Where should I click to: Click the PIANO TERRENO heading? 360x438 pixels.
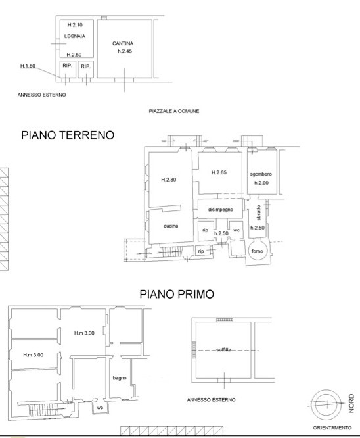[x=68, y=135]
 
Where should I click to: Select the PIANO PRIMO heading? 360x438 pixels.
[x=177, y=294]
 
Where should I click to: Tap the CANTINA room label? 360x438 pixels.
[x=123, y=43]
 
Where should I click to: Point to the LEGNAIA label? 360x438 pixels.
[x=75, y=36]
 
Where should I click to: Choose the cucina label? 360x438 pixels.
[x=171, y=226]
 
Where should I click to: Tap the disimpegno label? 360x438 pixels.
[x=221, y=210]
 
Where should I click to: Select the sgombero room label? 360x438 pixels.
[x=261, y=174]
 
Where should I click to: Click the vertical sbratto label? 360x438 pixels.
[x=258, y=213]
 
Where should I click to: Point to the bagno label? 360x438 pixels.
[x=120, y=378]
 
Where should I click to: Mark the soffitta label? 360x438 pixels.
[x=224, y=349]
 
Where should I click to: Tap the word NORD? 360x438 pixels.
[x=351, y=403]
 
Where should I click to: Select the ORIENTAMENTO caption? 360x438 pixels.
[x=332, y=427]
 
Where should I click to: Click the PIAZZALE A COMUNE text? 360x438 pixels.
[x=174, y=111]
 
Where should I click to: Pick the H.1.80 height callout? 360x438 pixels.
[x=28, y=66]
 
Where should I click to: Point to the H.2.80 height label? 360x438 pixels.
[x=169, y=180]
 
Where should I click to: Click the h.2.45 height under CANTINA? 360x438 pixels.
[x=125, y=51]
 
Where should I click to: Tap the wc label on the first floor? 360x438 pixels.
[x=100, y=408]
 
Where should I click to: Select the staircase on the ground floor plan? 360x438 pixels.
[x=172, y=252]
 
